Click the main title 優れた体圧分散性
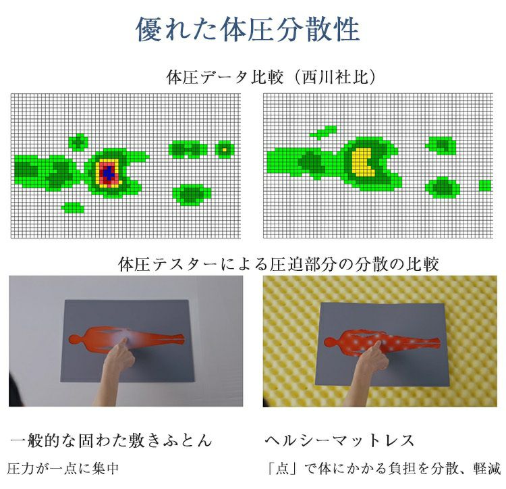[248, 30]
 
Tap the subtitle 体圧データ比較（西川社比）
[271, 77]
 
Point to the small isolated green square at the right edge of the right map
[484, 185]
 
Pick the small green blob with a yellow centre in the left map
[225, 149]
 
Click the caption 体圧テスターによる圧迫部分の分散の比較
[279, 264]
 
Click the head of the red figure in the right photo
[330, 342]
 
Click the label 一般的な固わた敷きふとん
[111, 440]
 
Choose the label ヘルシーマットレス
[339, 440]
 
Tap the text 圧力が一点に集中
[63, 469]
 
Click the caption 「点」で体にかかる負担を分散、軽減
[384, 469]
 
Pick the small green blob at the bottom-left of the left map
[73, 207]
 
